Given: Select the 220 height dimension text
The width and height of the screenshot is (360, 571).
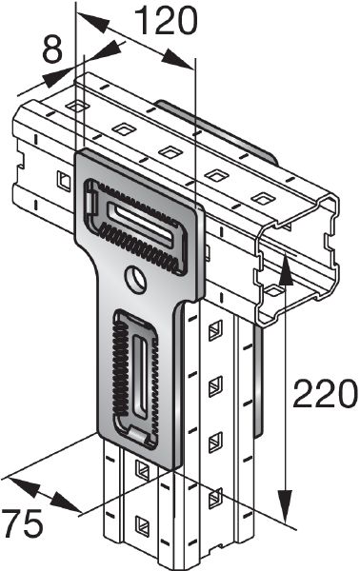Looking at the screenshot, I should point(325,393).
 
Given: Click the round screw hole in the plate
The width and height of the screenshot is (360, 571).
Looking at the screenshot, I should point(137,278).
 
